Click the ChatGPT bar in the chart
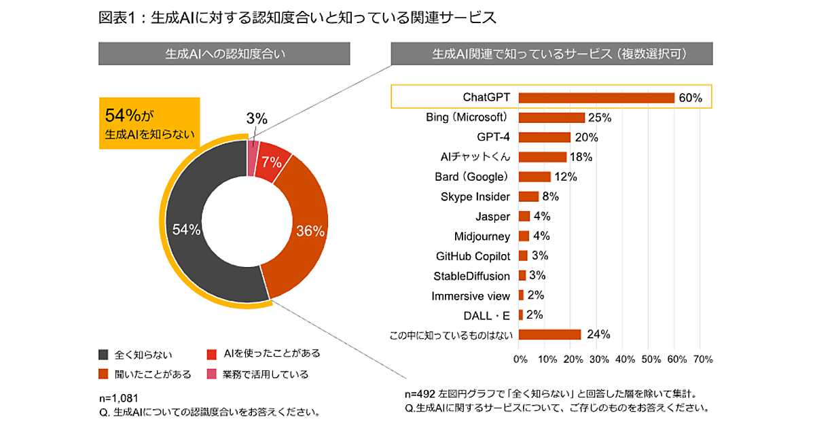pyautogui.click(x=596, y=98)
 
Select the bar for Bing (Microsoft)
pyautogui.click(x=551, y=118)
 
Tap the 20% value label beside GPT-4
pyautogui.click(x=586, y=137)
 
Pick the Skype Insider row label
pyautogui.click(x=476, y=197)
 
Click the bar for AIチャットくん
pyautogui.click(x=542, y=157)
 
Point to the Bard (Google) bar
pyautogui.click(x=535, y=177)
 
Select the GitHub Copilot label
pyautogui.click(x=473, y=256)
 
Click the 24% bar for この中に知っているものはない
pyautogui.click(x=549, y=334)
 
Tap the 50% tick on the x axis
pyautogui.click(x=650, y=359)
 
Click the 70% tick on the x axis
pyautogui.click(x=702, y=359)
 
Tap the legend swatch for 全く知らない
pyautogui.click(x=103, y=354)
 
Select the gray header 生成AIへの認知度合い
pyautogui.click(x=224, y=54)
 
